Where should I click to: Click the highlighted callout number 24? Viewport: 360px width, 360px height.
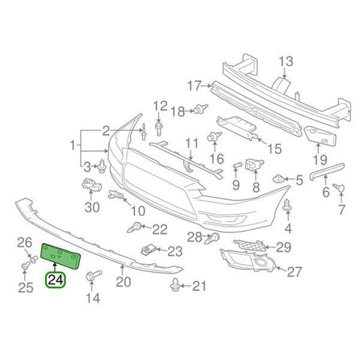55,280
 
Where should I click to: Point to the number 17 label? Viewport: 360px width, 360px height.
195,85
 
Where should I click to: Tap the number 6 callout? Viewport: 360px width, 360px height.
325,192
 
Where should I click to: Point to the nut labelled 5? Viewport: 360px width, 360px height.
279,179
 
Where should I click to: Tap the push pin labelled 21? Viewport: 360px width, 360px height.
177,285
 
